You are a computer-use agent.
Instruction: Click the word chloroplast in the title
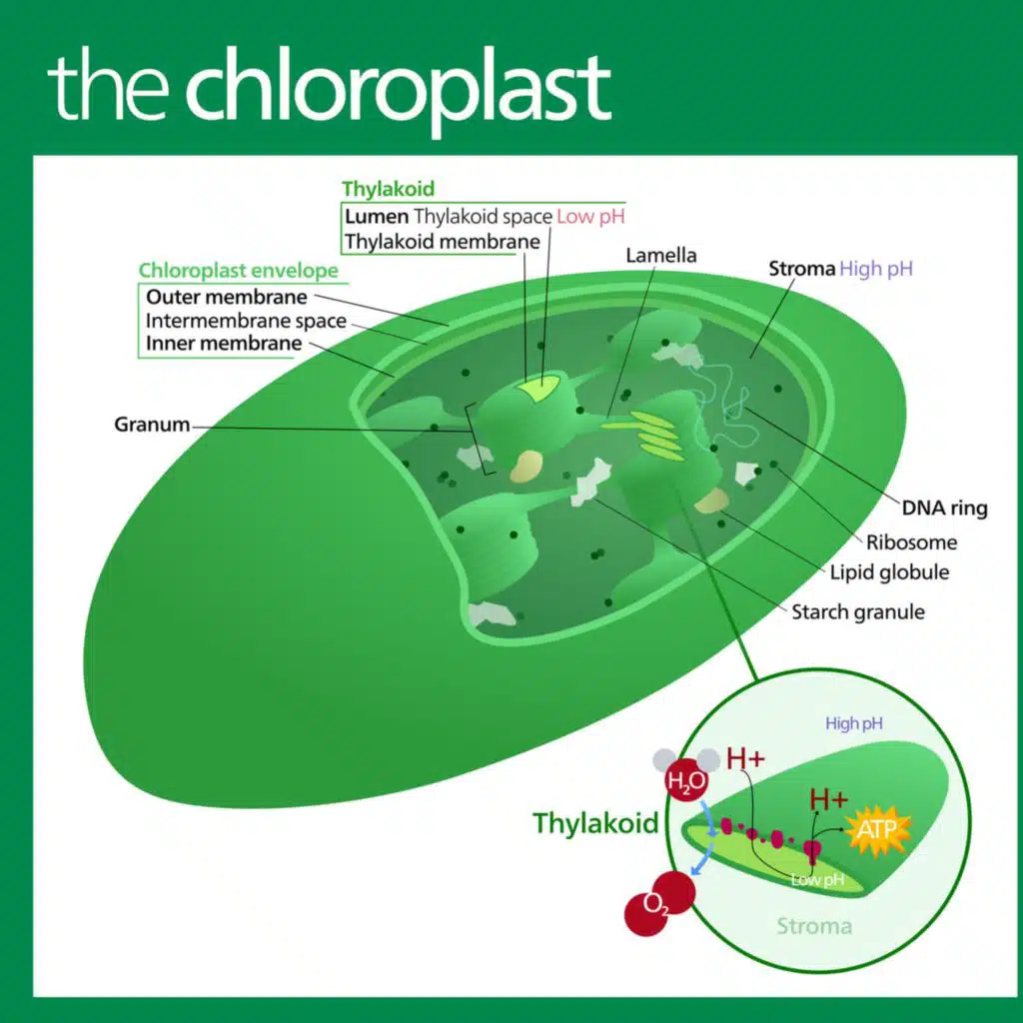coord(397,87)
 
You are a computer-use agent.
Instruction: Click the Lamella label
coord(661,255)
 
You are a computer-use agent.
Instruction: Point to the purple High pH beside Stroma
coord(876,268)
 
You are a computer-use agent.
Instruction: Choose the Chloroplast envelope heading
coord(238,271)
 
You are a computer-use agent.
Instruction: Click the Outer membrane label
coord(227,297)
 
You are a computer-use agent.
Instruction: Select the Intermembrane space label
coord(246,321)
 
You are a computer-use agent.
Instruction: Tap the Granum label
coord(152,424)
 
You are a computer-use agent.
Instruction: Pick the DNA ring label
coord(944,508)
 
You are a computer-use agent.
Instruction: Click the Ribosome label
coord(911,542)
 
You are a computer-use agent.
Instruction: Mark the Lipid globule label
coord(889,572)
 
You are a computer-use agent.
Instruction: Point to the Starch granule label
coord(858,611)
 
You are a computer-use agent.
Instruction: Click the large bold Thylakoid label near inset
coord(595,823)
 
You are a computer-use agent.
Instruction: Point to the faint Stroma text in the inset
coord(814,925)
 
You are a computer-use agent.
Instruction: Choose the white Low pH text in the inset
coord(817,880)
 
